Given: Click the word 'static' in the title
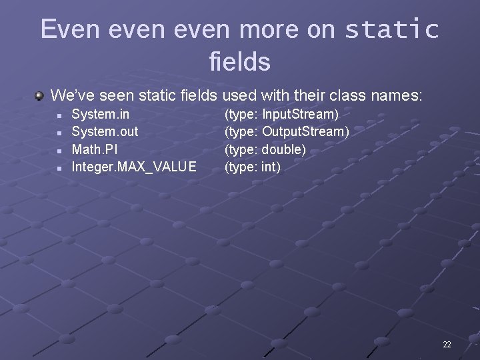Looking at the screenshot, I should [392, 29].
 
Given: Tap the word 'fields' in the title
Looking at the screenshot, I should [239, 62].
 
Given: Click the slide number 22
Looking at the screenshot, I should [447, 344].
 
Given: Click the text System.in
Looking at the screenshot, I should [101, 115].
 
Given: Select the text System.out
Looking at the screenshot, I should [105, 132].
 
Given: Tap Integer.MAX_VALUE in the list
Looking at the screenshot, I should [134, 167].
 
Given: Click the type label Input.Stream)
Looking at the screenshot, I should [300, 115].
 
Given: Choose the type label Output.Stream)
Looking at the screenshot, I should [305, 132].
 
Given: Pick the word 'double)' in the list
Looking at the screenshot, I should [284, 149].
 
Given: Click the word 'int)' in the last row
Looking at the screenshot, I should [271, 167].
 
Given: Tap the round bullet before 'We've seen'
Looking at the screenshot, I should [40, 95].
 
